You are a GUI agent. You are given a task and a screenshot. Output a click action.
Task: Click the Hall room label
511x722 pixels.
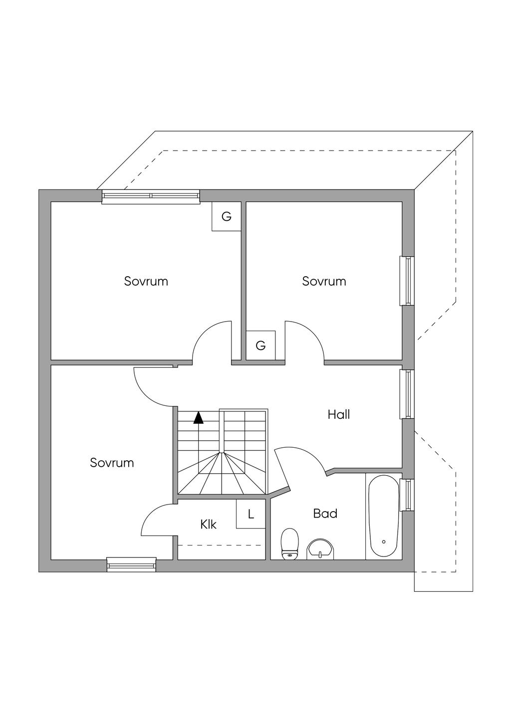(x=339, y=414)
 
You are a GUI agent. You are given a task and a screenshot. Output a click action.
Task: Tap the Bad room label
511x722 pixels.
(x=325, y=514)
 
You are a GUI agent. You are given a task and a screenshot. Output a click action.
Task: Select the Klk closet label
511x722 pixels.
(x=208, y=525)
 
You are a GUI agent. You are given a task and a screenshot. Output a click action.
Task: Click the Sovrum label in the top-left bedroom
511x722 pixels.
(x=146, y=281)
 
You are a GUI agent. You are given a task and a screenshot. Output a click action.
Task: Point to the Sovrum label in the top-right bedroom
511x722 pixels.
(x=324, y=281)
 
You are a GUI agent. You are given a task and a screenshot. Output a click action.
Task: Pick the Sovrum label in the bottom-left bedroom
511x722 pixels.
(x=112, y=463)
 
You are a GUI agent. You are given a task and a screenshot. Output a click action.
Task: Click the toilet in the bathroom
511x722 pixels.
(x=289, y=544)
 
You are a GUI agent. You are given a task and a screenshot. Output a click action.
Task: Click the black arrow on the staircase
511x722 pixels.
(x=199, y=417)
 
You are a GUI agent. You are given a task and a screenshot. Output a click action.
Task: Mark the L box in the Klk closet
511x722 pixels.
(x=251, y=514)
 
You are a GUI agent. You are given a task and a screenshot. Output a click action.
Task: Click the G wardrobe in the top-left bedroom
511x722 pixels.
(x=227, y=216)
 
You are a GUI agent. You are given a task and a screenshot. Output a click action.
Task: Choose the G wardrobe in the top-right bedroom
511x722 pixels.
(x=260, y=345)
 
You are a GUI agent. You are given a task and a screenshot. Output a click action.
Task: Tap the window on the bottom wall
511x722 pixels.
(x=131, y=565)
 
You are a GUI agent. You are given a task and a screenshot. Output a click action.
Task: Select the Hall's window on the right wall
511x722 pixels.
(x=408, y=394)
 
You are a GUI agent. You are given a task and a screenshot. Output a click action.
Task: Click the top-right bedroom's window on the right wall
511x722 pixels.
(x=408, y=281)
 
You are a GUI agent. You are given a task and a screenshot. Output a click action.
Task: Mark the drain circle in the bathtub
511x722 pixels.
(x=383, y=541)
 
